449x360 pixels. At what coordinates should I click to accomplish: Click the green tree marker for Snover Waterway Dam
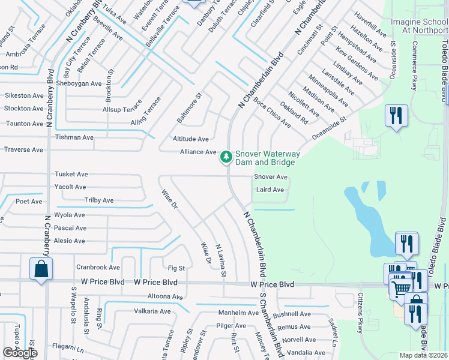click(226, 157)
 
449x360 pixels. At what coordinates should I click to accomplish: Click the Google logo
click(20, 353)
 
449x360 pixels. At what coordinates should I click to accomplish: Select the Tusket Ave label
click(71, 174)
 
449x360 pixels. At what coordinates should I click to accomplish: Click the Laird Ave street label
click(270, 190)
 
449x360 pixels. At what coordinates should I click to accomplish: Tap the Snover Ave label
click(271, 177)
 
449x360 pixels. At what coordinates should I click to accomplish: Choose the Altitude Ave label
click(191, 139)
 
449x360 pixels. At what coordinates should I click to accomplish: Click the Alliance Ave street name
click(198, 152)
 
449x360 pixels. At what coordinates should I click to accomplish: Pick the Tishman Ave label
click(74, 137)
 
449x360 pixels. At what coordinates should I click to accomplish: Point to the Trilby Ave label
click(99, 200)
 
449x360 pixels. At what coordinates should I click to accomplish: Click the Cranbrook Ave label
click(98, 267)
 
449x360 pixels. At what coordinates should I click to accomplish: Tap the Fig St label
click(176, 268)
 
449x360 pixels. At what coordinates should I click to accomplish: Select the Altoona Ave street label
click(165, 296)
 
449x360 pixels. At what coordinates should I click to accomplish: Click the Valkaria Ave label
click(152, 311)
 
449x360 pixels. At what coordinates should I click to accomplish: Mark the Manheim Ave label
click(238, 313)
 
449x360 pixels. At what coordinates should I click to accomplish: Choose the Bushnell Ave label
click(292, 314)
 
